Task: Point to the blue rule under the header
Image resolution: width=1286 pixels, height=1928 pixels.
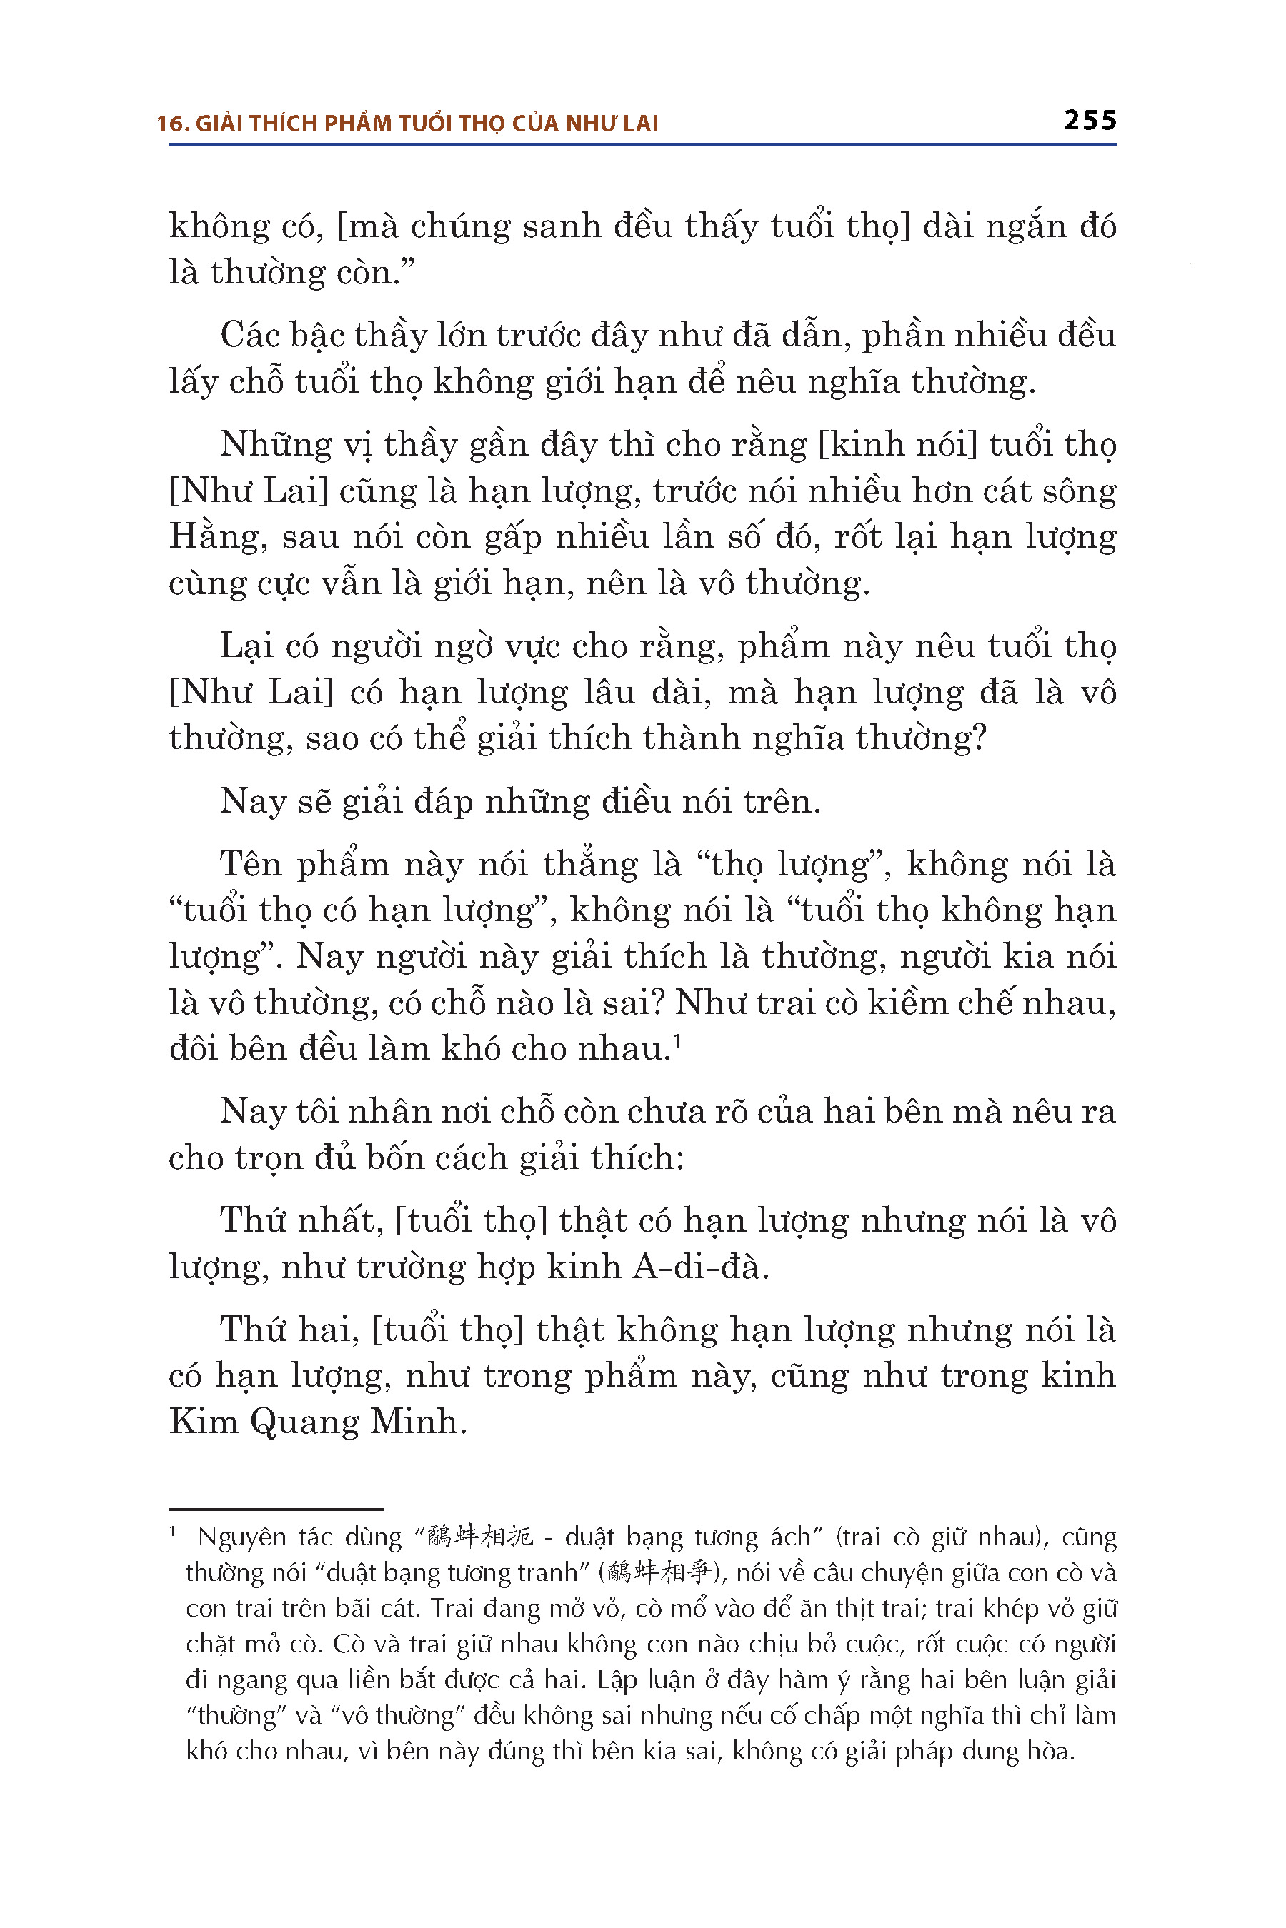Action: click(642, 145)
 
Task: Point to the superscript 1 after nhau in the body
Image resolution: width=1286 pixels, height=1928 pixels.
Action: click(677, 1041)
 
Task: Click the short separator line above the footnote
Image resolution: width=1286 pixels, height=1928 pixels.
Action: click(276, 1508)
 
